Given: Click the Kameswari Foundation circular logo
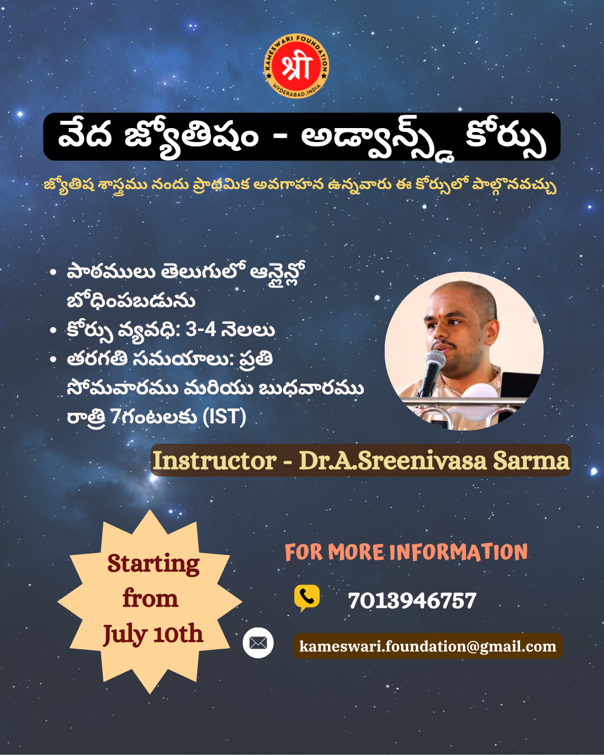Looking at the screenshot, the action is tap(296, 66).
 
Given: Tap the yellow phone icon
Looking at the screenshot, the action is tap(306, 598).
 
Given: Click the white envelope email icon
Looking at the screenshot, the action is tap(258, 643).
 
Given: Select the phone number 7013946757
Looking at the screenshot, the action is tap(412, 600).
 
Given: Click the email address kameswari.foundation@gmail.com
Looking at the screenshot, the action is tap(428, 646).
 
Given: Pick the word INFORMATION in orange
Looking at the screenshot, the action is tap(459, 552).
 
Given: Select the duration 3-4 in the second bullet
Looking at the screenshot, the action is tap(200, 330).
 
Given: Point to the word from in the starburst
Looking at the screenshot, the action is tap(150, 599).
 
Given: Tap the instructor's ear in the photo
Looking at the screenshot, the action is tap(491, 333).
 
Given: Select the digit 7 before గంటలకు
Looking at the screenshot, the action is tap(115, 417).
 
